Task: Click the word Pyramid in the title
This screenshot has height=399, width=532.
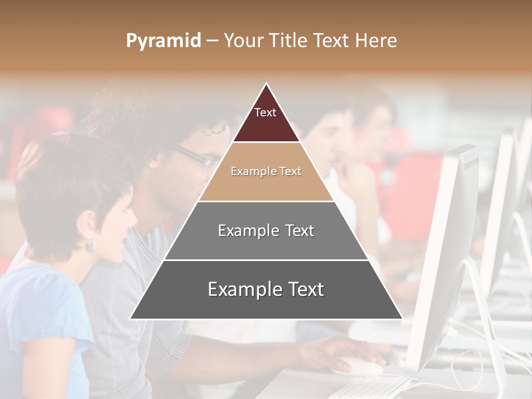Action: tap(163, 41)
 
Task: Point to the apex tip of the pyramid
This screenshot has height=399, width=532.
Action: tap(267, 85)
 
